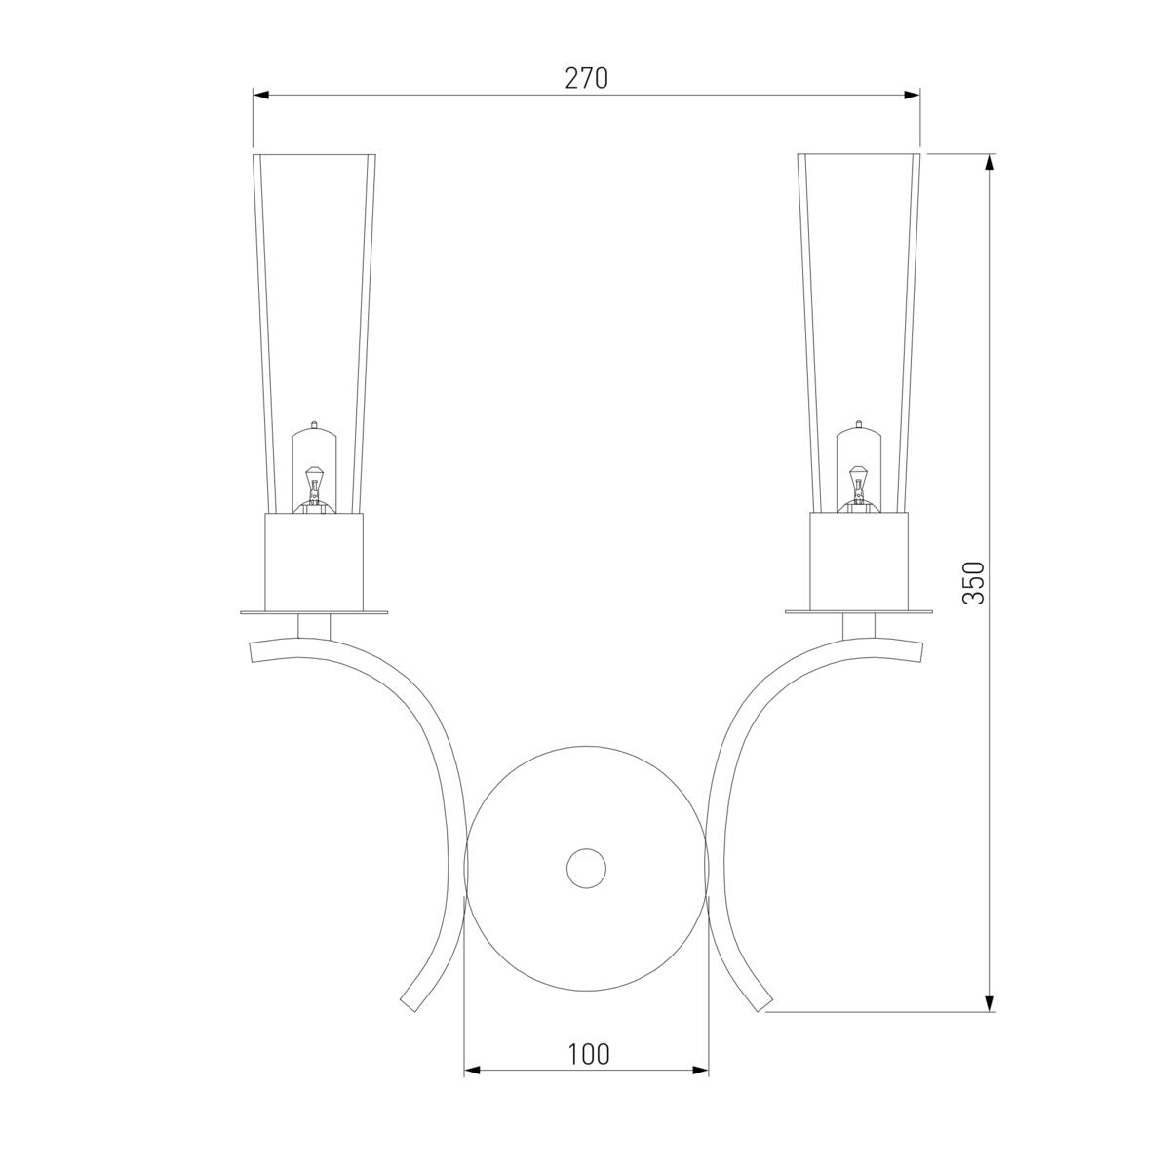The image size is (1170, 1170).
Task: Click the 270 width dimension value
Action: [x=586, y=78]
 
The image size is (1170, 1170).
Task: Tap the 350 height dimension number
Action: [x=974, y=583]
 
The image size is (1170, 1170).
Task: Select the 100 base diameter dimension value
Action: [x=588, y=1055]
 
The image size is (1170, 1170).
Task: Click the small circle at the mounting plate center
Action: [x=586, y=869]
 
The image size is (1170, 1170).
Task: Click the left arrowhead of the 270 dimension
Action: [x=261, y=95]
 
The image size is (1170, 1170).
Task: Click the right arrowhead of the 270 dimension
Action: [x=912, y=95]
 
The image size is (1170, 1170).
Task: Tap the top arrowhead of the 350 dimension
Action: [x=989, y=162]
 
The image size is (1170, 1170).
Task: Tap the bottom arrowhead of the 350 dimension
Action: [x=989, y=1003]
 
